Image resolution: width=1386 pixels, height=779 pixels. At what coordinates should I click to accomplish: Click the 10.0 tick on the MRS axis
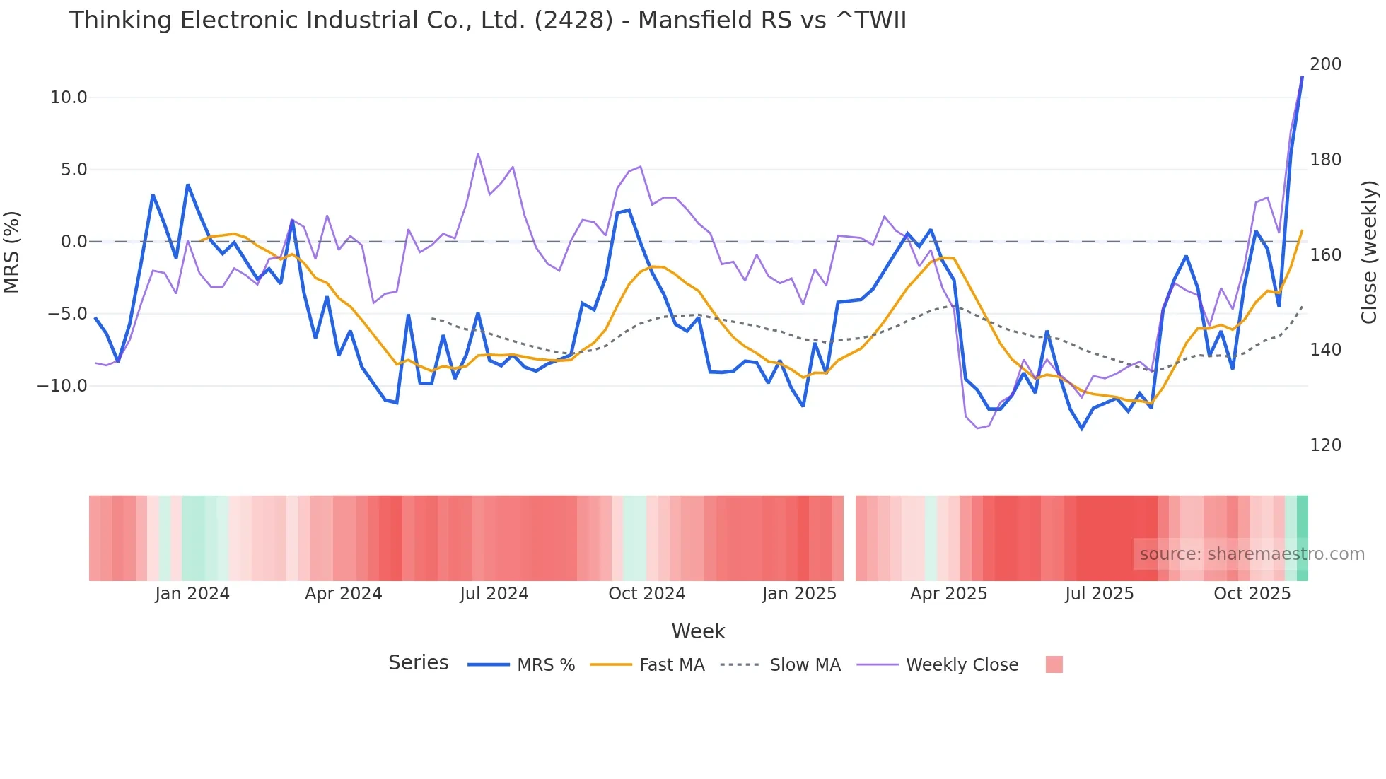(x=68, y=98)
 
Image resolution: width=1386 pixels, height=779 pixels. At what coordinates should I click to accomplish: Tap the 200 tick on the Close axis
(x=1325, y=64)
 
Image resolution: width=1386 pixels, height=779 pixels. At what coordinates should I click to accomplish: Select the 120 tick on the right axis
(x=1325, y=445)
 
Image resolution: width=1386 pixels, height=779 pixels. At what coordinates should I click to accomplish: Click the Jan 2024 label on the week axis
(x=192, y=594)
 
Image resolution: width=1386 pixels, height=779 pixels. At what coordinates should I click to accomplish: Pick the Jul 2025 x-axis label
(x=1099, y=594)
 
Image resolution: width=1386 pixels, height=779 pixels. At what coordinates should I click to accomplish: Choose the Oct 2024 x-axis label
(x=646, y=594)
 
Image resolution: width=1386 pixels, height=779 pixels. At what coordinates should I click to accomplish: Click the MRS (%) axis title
(x=12, y=252)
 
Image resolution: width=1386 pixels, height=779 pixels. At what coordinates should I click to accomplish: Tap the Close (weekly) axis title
(x=1369, y=252)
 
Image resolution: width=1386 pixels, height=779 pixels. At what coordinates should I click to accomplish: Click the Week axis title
(x=698, y=631)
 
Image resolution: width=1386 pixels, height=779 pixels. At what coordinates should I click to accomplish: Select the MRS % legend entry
(x=545, y=665)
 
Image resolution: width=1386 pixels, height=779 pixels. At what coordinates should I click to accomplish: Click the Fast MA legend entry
(x=671, y=665)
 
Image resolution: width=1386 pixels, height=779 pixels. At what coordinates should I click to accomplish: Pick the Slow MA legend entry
(x=805, y=665)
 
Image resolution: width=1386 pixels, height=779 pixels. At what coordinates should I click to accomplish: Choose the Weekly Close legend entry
(x=962, y=665)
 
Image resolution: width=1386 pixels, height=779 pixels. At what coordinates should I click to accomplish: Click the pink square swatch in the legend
(x=1054, y=665)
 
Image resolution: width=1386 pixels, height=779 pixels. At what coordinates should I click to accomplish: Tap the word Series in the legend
(x=418, y=663)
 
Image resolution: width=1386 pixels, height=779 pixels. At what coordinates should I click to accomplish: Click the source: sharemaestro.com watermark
(x=1252, y=554)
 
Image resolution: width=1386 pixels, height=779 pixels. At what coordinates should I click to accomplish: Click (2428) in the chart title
(x=573, y=20)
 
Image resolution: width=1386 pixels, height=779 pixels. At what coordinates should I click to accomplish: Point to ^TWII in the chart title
(x=870, y=20)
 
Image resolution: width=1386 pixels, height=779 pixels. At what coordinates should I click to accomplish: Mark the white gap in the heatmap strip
(x=849, y=538)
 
